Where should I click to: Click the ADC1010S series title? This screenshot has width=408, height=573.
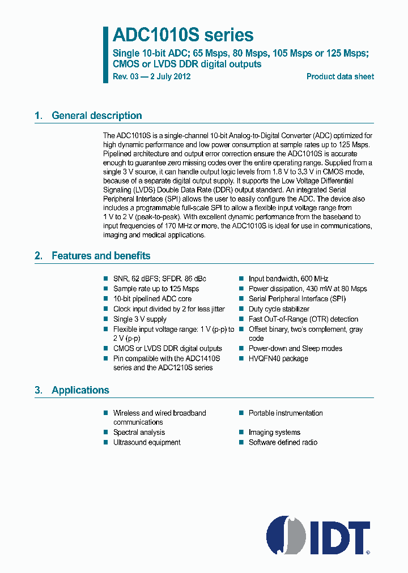click(x=182, y=36)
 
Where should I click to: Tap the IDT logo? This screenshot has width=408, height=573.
click(x=318, y=534)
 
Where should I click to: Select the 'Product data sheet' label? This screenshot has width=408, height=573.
click(x=340, y=76)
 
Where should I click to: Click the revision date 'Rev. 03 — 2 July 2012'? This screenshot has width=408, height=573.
click(x=151, y=76)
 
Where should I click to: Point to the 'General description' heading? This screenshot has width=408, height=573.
click(x=96, y=116)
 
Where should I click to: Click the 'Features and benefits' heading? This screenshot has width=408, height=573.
click(x=101, y=256)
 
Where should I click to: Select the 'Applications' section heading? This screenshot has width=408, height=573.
click(x=80, y=390)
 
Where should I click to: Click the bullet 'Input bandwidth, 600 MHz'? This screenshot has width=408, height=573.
click(x=288, y=279)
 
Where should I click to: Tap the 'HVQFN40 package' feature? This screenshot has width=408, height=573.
click(x=278, y=358)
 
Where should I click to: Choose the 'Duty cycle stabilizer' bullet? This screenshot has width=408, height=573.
click(x=279, y=309)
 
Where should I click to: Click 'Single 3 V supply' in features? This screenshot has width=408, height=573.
click(x=139, y=319)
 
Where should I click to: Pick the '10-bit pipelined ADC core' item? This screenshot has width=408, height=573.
click(x=152, y=299)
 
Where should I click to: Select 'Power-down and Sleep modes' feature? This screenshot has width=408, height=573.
click(x=295, y=348)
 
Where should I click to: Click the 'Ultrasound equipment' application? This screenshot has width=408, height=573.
click(x=146, y=442)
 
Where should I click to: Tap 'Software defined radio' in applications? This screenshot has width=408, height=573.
click(x=283, y=442)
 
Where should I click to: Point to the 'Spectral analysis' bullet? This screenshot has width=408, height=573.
click(x=139, y=432)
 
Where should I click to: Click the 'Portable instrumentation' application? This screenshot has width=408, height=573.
click(x=285, y=413)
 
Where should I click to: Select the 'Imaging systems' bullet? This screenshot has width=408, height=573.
click(x=274, y=432)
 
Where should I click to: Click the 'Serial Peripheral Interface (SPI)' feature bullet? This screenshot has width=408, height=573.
click(x=297, y=299)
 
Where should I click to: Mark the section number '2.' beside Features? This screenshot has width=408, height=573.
click(x=39, y=256)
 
